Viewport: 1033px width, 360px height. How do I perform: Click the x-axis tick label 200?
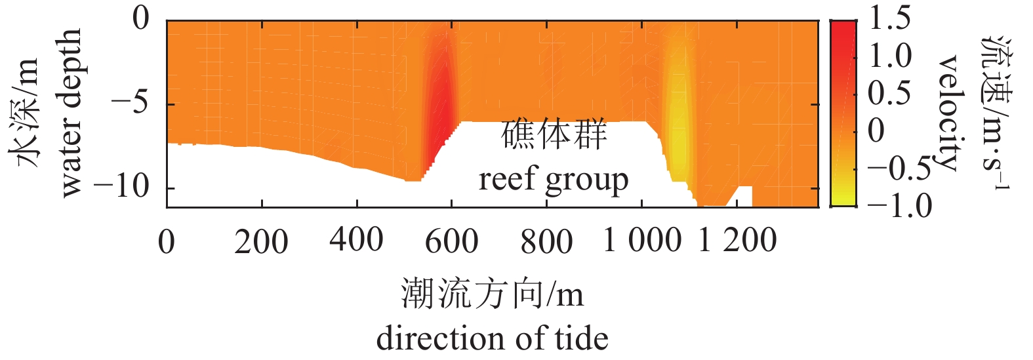pyautogui.click(x=261, y=241)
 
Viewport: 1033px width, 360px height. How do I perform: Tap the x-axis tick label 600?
pyautogui.click(x=451, y=241)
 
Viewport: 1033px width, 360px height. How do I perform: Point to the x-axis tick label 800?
pyautogui.click(x=546, y=241)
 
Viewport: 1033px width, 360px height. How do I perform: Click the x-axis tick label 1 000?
pyautogui.click(x=642, y=240)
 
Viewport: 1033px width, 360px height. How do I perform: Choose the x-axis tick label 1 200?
pyautogui.click(x=737, y=240)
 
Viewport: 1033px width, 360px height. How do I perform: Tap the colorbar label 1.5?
pyautogui.click(x=889, y=18)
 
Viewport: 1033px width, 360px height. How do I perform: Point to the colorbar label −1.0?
pyautogui.click(x=899, y=206)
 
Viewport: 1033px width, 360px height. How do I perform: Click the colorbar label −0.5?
pyautogui.click(x=899, y=169)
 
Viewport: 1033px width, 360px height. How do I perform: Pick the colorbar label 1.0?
pyautogui.click(x=889, y=56)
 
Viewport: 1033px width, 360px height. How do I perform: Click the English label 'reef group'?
pyautogui.click(x=554, y=179)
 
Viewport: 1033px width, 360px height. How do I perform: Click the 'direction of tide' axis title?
pyautogui.click(x=492, y=338)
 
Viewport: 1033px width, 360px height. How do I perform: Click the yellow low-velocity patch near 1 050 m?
pyautogui.click(x=678, y=125)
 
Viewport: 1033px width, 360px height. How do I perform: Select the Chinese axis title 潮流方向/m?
pyautogui.click(x=492, y=293)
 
